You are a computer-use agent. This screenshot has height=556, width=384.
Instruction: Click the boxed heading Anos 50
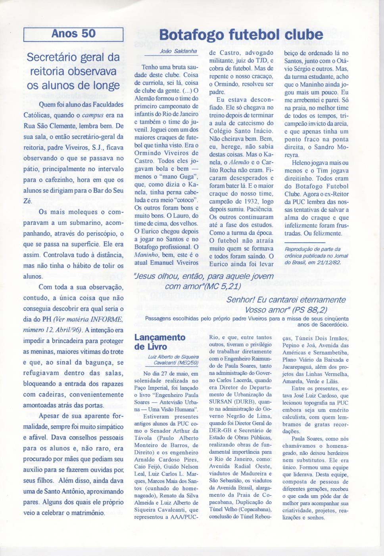(74, 33)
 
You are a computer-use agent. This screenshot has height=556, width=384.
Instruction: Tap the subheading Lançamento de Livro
(159, 342)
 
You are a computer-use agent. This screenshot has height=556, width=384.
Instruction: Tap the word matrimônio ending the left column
(84, 512)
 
